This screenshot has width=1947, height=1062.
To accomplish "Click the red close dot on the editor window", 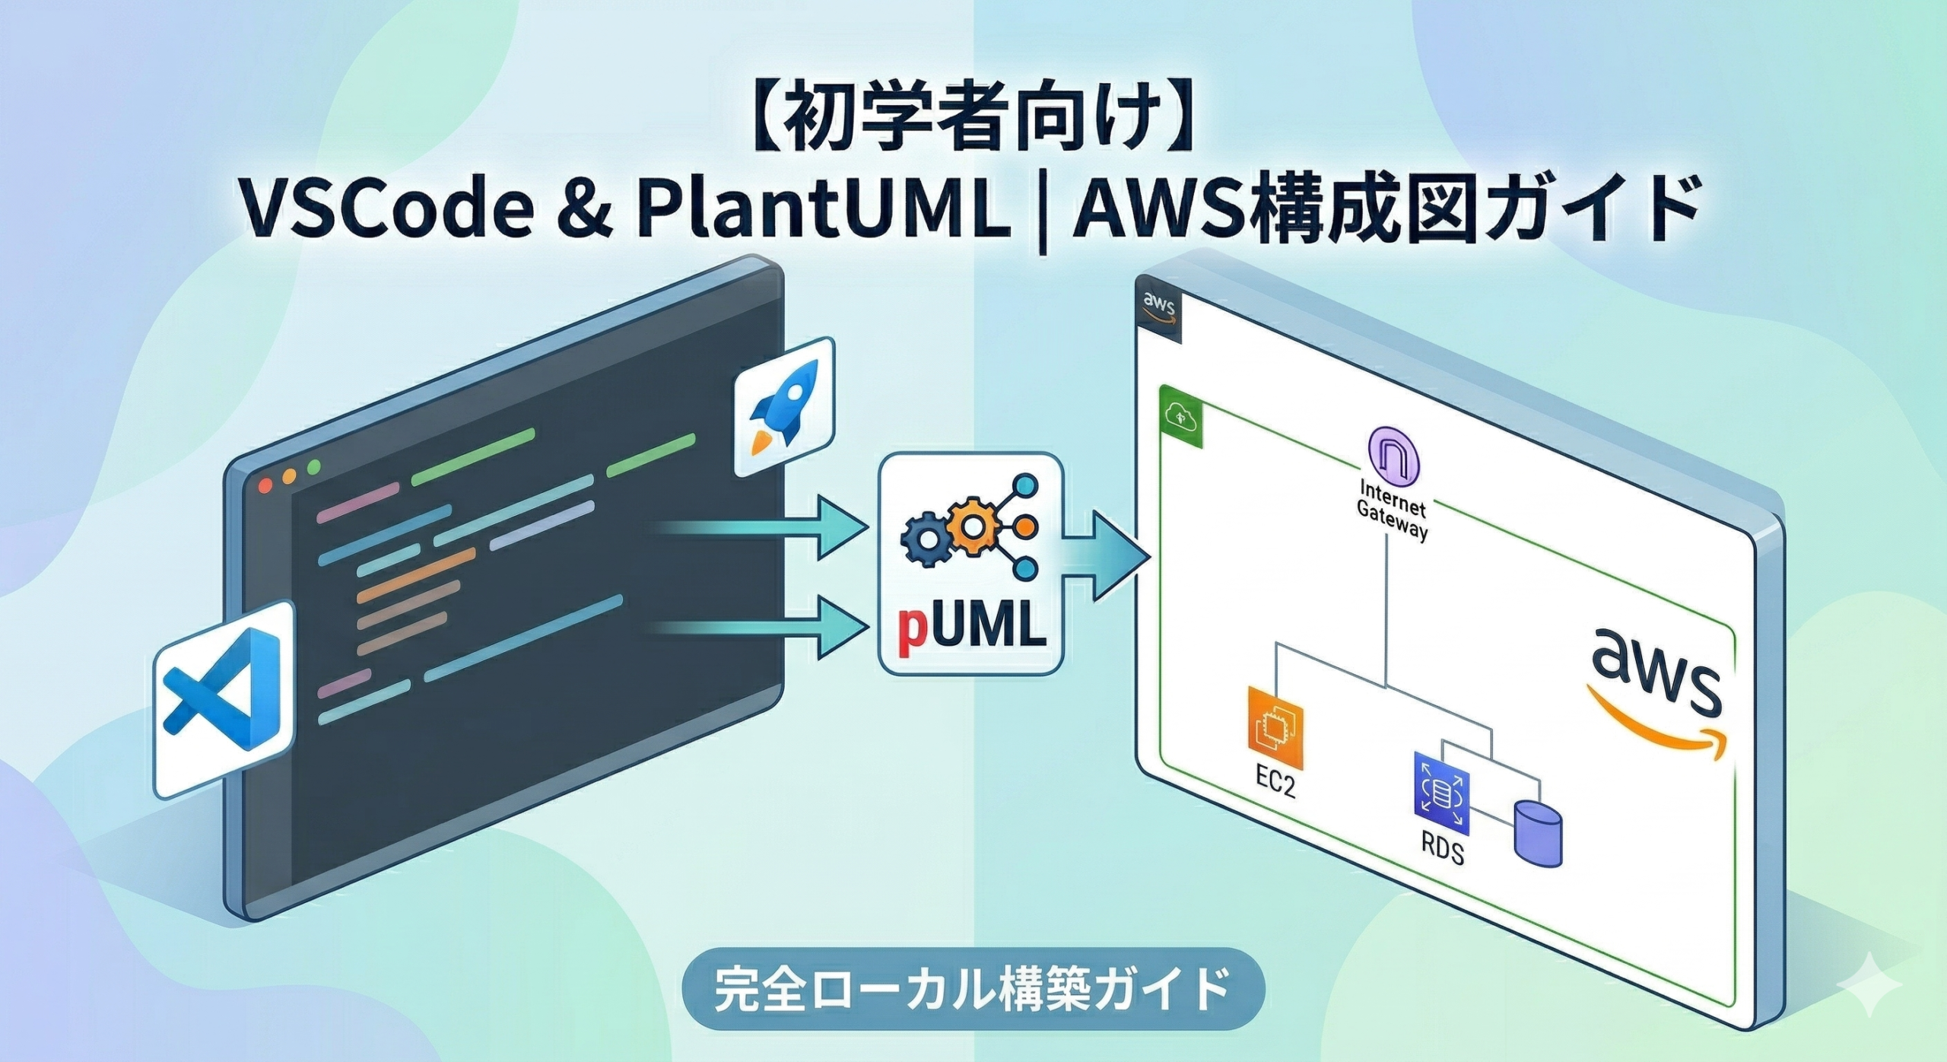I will [x=265, y=485].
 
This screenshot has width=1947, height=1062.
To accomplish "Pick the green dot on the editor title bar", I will [x=313, y=467].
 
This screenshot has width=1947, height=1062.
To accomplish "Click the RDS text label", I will [x=1442, y=848].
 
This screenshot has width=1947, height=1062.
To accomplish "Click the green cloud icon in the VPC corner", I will [x=1181, y=417].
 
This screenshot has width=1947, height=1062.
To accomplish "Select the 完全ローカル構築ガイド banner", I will [x=973, y=988].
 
